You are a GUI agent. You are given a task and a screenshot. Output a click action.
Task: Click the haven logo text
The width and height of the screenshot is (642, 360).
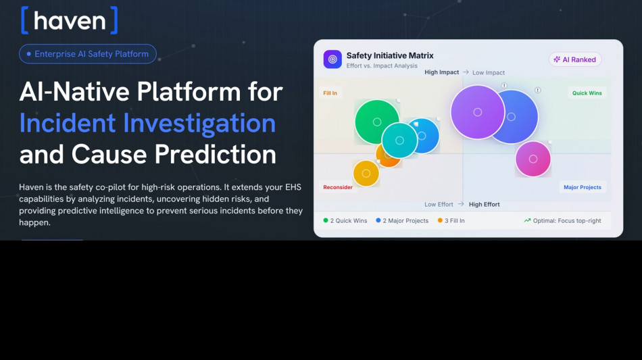point(70,20)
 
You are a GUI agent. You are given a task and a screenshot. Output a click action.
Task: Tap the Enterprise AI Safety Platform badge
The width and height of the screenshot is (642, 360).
point(88,54)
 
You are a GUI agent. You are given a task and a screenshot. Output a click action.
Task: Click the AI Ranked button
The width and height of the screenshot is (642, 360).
point(575,59)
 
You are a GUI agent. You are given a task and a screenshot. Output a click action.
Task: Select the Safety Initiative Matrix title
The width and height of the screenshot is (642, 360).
point(390,55)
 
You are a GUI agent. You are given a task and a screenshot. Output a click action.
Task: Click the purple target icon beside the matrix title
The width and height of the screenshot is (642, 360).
point(332,59)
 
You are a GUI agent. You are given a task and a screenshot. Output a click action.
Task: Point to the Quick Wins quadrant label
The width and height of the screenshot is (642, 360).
point(587,93)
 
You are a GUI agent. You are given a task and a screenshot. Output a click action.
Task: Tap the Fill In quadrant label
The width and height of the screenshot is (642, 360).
point(330,93)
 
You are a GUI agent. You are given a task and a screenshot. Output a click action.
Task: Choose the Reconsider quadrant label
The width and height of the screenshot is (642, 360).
point(338,187)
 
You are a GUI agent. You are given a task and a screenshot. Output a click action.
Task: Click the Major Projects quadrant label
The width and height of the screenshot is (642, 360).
point(583,187)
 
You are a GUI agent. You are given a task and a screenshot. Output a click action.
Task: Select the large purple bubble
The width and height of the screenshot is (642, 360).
point(477,112)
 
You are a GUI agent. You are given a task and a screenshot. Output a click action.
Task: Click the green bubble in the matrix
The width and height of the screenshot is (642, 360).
point(376,122)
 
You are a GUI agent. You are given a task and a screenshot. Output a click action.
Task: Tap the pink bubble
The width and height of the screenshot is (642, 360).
point(533,159)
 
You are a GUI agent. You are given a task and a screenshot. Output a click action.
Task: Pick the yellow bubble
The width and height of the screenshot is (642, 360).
point(366,174)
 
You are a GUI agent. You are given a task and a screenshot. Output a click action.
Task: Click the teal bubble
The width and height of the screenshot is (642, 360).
point(399,140)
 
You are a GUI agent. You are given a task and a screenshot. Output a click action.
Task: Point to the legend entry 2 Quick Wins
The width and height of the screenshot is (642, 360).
point(345,221)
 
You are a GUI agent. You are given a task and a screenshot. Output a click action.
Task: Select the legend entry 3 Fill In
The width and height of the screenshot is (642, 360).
point(451,221)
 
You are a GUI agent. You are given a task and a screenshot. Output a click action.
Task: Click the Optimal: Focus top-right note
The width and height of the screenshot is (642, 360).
point(562,221)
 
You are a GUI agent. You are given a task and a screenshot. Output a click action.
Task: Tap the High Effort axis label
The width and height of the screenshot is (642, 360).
point(485,205)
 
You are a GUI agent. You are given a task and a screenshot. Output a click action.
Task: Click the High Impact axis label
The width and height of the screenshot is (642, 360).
point(441,72)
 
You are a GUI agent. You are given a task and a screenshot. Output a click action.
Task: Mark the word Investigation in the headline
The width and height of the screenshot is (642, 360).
point(199,123)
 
